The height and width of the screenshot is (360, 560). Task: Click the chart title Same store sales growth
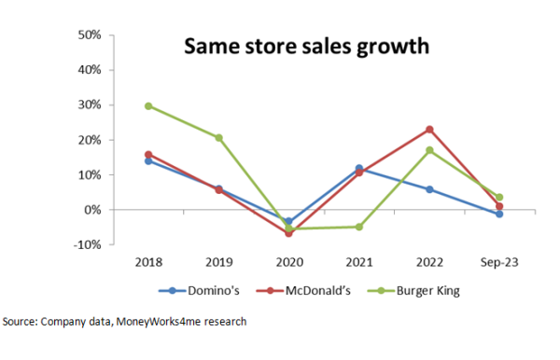tap(293, 47)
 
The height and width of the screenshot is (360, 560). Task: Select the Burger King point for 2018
tap(147, 105)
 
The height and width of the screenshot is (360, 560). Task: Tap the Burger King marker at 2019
tap(218, 137)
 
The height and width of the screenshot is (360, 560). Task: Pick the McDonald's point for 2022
tap(429, 129)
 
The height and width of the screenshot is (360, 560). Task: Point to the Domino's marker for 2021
tap(359, 168)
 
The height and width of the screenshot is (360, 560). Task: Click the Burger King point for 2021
tap(359, 227)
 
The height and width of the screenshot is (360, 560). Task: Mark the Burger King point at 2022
tap(429, 150)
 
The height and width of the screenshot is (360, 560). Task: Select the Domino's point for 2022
tap(429, 189)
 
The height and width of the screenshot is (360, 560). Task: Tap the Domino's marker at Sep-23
tap(500, 215)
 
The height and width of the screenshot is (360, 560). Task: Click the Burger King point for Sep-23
tap(500, 197)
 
